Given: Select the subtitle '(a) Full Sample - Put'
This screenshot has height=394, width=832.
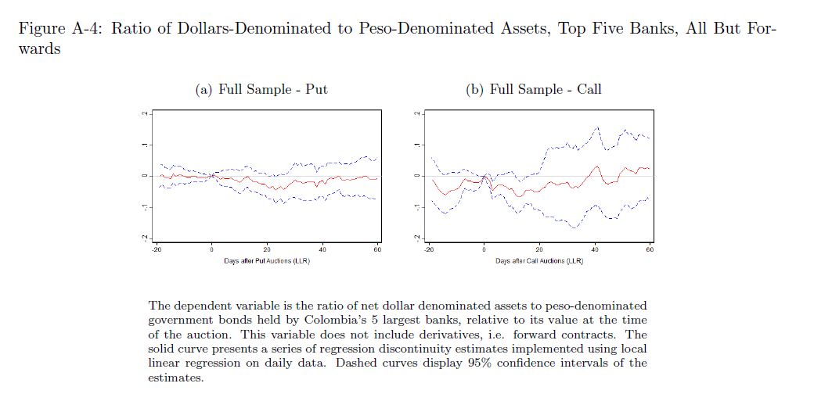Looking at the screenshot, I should tap(261, 89).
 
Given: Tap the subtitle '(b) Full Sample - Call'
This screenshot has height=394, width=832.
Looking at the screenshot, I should tap(534, 89).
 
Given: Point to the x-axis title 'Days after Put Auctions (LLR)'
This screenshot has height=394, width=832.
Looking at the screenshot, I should tap(266, 260).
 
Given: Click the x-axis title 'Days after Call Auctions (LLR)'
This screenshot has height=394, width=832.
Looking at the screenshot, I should tap(538, 260).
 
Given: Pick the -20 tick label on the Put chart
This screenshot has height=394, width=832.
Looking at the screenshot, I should tap(157, 249).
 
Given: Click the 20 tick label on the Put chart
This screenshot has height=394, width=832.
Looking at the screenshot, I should tap(267, 249).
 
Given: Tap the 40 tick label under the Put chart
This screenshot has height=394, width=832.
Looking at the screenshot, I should tap(322, 249).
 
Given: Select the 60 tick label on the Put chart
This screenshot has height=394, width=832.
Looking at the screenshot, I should tap(376, 249).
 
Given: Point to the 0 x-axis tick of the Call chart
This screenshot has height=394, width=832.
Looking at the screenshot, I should tap(484, 249).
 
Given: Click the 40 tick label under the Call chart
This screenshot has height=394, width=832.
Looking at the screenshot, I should tap(595, 249).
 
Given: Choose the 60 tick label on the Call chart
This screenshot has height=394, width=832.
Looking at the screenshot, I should tap(650, 249).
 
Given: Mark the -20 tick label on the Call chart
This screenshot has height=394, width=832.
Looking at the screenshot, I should tap(429, 249).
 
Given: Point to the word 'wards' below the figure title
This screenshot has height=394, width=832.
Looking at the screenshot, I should tap(39, 48).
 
